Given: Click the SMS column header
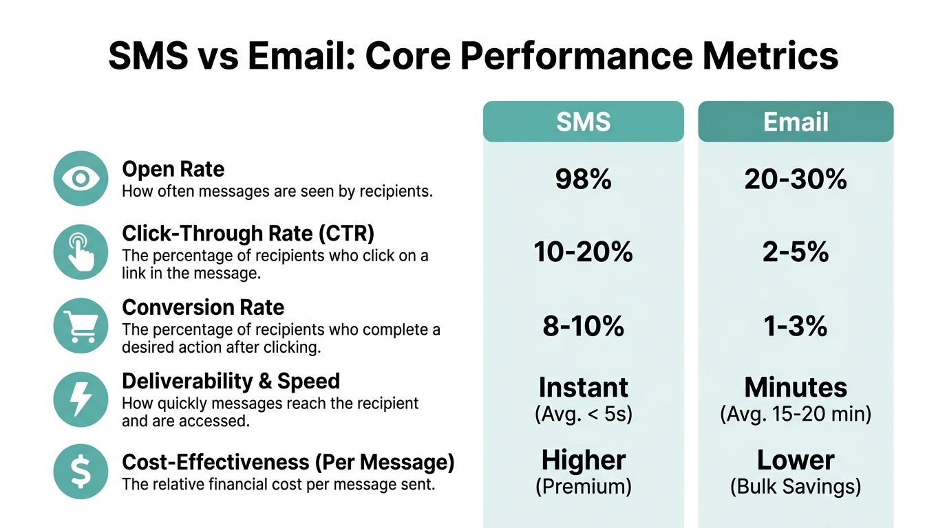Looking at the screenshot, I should coord(583,122).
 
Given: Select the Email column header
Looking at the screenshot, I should coord(796,122).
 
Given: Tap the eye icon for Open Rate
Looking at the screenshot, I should coord(81,179).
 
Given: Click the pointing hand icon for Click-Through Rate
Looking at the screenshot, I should coord(81,252).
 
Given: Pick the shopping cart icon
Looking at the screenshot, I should coord(81,326).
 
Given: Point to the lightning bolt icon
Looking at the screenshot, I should coord(81,399).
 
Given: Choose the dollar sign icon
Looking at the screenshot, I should coord(81,472).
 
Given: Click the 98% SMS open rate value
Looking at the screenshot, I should coord(583,179).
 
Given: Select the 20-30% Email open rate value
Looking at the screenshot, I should coord(796,179).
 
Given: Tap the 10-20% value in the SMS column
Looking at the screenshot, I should coord(583,252).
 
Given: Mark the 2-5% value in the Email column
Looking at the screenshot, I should coord(796,252).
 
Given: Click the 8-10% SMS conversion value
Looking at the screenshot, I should coord(583,326).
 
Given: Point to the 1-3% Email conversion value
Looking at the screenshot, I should coord(796,326).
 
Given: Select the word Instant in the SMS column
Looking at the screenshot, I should coord(583,388).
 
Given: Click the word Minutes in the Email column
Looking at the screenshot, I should coord(796,388).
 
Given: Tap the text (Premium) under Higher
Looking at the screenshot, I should coord(583,487).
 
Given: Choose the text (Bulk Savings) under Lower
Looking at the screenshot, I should coord(796,487).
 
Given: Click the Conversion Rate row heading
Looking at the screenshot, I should coord(203,307).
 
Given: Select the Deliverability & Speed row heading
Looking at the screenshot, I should coord(231,381).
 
